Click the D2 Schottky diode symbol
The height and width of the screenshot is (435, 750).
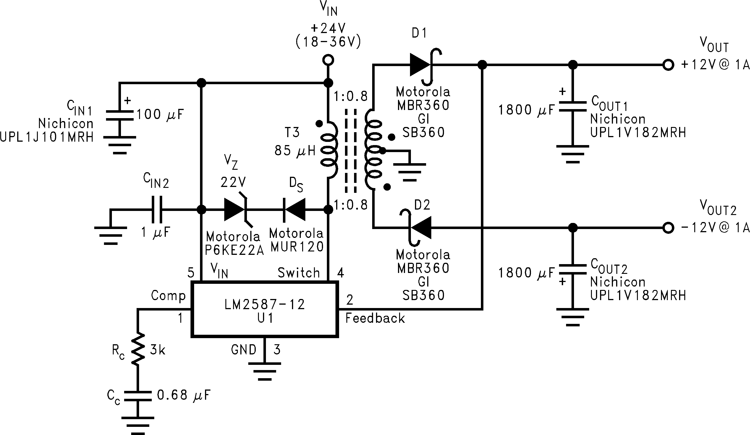[x=420, y=228]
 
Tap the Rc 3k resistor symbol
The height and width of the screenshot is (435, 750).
[x=138, y=349]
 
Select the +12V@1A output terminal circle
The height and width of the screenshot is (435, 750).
[x=668, y=65]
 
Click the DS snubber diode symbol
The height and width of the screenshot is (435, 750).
[x=294, y=210]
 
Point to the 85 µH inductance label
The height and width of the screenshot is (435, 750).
[x=295, y=151]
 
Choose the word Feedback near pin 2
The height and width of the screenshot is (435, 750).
[x=375, y=318]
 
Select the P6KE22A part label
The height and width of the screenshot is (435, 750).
[x=234, y=250]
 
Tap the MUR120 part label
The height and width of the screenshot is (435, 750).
[x=297, y=247]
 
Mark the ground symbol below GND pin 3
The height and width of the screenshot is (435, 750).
[x=265, y=371]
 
